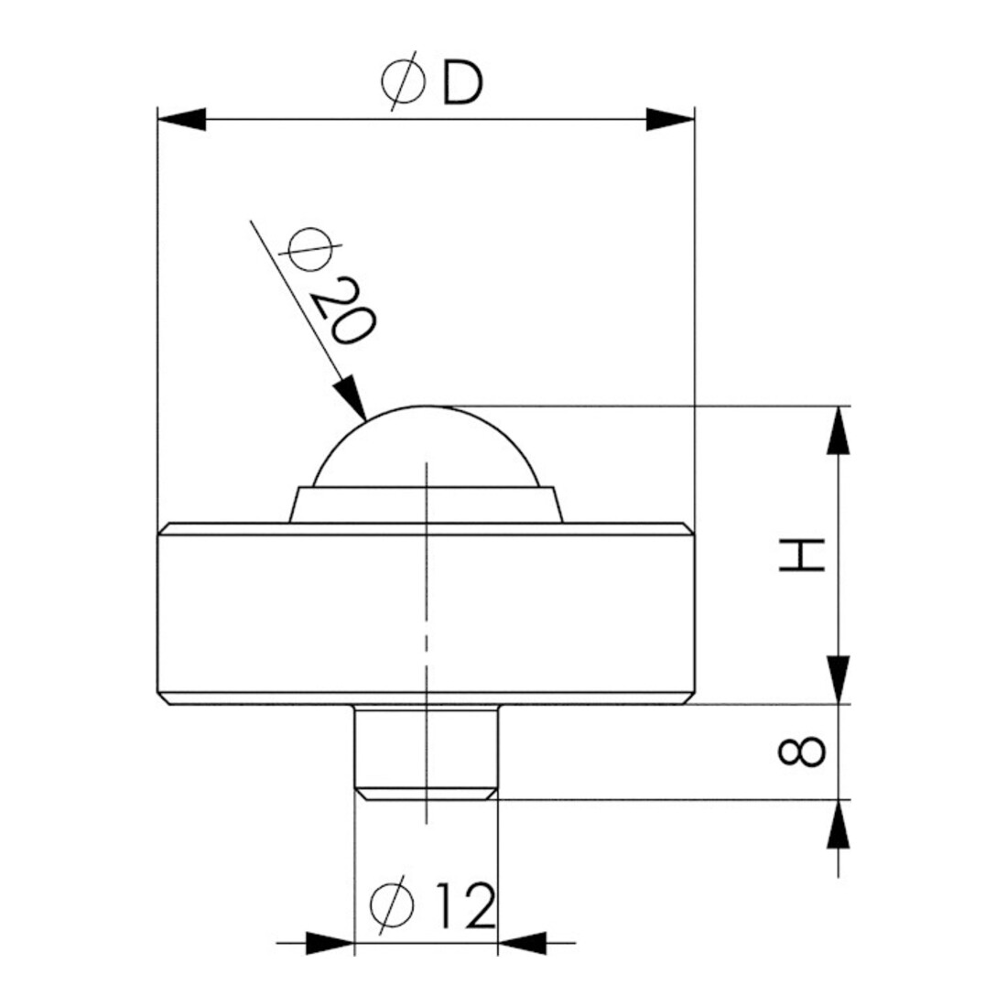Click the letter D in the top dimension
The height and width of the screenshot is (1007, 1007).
click(461, 84)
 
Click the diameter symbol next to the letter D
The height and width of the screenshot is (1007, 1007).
click(404, 81)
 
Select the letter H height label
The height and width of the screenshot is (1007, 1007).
click(802, 556)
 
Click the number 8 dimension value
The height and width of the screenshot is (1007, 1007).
click(802, 752)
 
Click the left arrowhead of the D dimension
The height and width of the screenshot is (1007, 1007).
click(182, 119)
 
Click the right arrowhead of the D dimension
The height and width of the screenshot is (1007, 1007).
click(670, 119)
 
